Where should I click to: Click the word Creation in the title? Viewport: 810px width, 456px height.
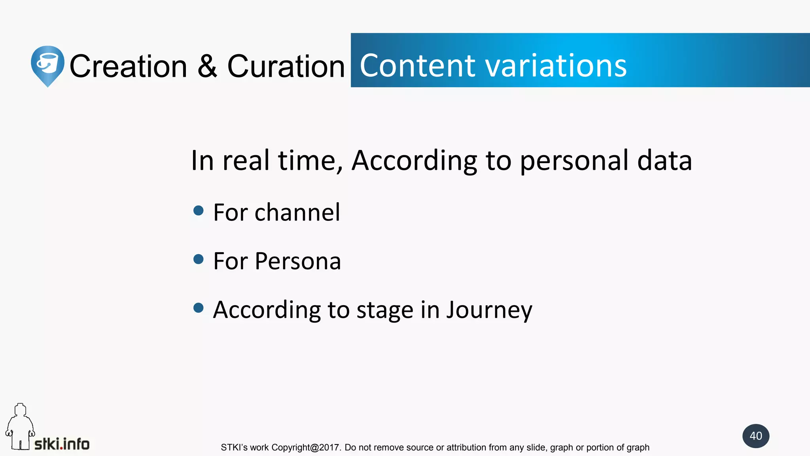[x=128, y=66]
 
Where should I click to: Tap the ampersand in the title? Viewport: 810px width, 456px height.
[x=207, y=66]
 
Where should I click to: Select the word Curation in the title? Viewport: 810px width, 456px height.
[x=286, y=66]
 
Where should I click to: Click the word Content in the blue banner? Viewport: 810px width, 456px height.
[x=417, y=65]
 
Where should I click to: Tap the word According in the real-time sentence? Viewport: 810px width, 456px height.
[x=414, y=161]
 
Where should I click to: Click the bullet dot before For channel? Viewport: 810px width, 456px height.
[x=199, y=211]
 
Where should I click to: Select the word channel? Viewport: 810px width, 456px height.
[x=297, y=213]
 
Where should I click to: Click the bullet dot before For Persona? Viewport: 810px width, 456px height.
[x=199, y=259]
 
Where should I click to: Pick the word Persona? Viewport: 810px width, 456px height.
[x=297, y=261]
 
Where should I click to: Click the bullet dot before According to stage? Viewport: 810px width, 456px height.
[x=199, y=308]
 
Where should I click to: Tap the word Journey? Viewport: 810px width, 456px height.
[x=489, y=310]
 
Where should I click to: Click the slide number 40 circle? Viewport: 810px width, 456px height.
[x=755, y=436]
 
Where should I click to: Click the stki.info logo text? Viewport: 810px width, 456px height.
[x=62, y=444]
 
